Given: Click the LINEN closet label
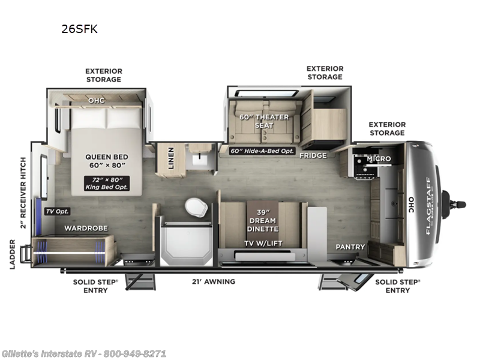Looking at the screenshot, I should (x=170, y=158).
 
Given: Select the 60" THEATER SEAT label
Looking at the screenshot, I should (x=264, y=121).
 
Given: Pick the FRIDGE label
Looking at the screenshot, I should (x=313, y=155).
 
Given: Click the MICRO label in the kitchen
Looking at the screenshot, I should (x=379, y=159).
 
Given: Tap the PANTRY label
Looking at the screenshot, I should (x=350, y=247).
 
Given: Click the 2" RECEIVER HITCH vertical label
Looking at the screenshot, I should (x=23, y=192).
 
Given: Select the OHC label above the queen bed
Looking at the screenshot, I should (x=96, y=100).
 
